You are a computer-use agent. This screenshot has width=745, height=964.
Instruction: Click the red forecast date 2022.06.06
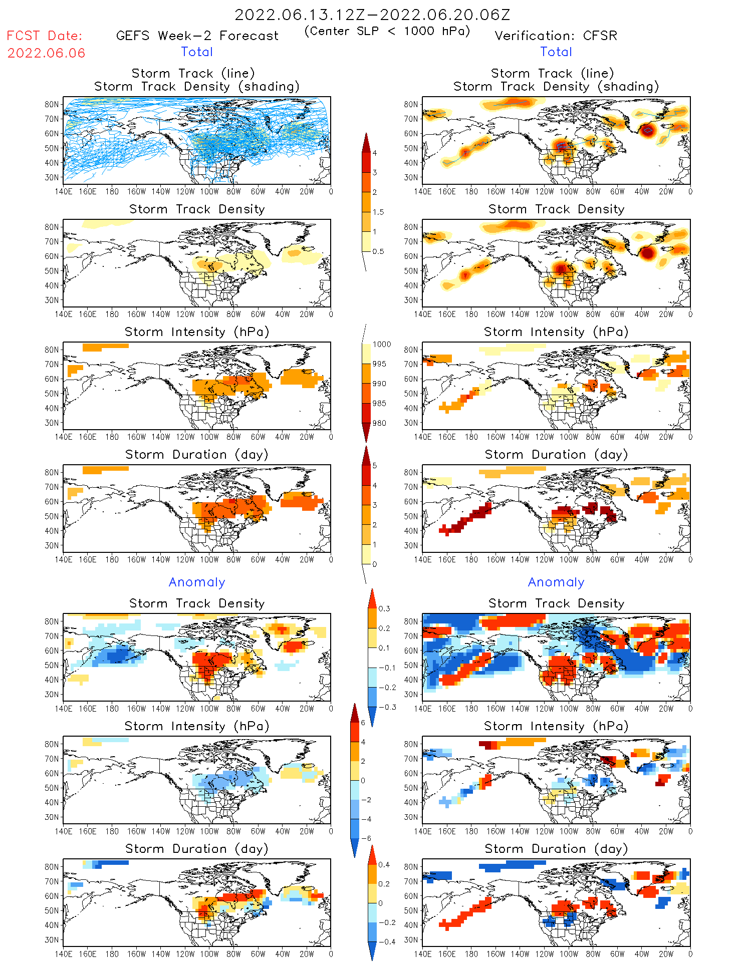[46, 53]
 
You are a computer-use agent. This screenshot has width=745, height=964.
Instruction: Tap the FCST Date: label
[44, 36]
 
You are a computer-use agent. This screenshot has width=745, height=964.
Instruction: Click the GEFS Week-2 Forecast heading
[197, 36]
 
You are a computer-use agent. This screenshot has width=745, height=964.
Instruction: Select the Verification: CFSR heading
[556, 36]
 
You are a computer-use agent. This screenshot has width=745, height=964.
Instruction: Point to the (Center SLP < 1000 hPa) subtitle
[387, 31]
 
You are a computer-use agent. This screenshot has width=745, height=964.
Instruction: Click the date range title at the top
[372, 15]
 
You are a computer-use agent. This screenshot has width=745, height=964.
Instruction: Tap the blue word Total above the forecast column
[197, 52]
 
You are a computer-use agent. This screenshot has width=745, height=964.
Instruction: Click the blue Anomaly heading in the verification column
[556, 582]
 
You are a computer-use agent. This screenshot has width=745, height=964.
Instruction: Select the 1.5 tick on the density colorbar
[378, 212]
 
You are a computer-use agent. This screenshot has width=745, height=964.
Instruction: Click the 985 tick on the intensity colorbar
[379, 403]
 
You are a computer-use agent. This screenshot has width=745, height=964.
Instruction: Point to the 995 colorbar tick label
[379, 364]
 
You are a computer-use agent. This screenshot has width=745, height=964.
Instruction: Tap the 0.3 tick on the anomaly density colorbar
[384, 608]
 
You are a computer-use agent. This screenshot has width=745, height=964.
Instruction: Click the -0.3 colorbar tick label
[387, 707]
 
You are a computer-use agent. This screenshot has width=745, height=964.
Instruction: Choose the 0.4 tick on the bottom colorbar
[384, 864]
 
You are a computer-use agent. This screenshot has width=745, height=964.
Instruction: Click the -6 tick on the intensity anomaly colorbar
[366, 838]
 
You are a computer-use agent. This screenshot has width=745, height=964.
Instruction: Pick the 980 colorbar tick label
[379, 423]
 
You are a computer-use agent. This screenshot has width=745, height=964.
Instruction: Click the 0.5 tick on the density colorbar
[378, 251]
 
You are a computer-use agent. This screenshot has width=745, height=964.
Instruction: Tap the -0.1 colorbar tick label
[387, 668]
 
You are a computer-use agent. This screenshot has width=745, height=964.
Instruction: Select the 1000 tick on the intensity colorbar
[381, 344]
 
